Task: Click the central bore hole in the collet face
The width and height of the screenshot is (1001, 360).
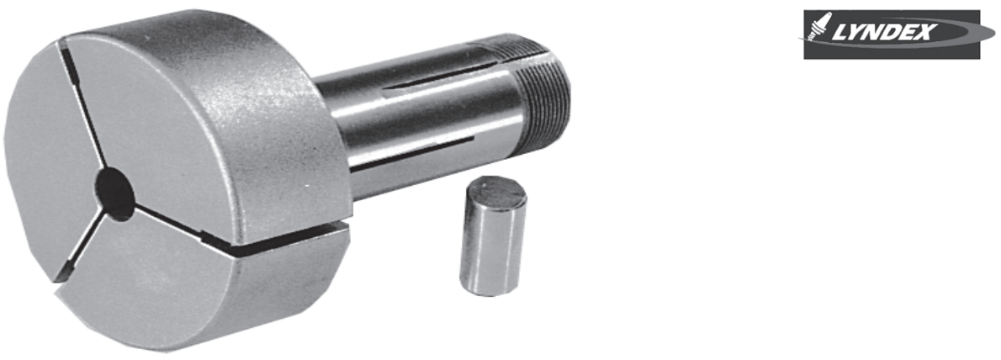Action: [115, 190]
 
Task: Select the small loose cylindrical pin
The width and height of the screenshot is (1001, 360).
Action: [494, 236]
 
